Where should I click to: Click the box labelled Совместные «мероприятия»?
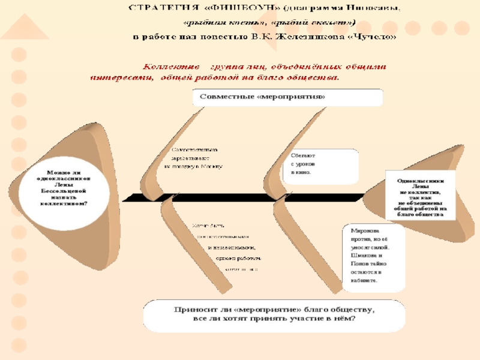[x=287, y=97]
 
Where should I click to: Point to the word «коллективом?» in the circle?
[x=64, y=203]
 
